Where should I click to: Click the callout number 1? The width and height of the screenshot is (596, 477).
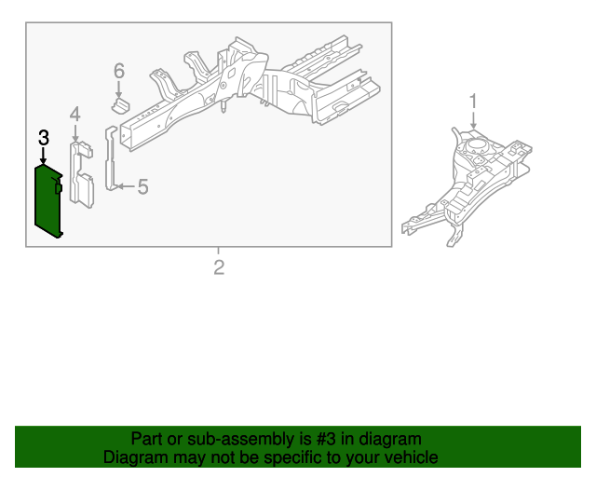473,102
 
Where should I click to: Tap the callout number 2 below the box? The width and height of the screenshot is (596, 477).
219,267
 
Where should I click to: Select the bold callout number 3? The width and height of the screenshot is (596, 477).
44,138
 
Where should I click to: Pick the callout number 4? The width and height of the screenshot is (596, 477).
75,114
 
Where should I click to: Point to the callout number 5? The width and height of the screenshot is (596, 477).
142,186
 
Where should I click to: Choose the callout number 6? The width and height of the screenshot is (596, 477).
119,71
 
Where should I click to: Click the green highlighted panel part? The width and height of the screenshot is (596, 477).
47,201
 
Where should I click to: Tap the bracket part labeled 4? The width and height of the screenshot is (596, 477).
81,175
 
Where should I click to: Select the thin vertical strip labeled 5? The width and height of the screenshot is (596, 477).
111,157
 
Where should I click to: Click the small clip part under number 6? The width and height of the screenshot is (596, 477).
120,105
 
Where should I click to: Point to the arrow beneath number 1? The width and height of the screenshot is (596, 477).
473,120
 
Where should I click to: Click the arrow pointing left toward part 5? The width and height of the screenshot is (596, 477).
126,186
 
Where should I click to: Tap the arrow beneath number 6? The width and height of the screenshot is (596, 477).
119,89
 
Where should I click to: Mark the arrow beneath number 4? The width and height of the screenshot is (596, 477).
75,133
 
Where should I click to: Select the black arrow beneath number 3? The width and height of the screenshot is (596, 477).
44,156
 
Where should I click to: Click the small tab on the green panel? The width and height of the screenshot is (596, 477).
58,187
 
